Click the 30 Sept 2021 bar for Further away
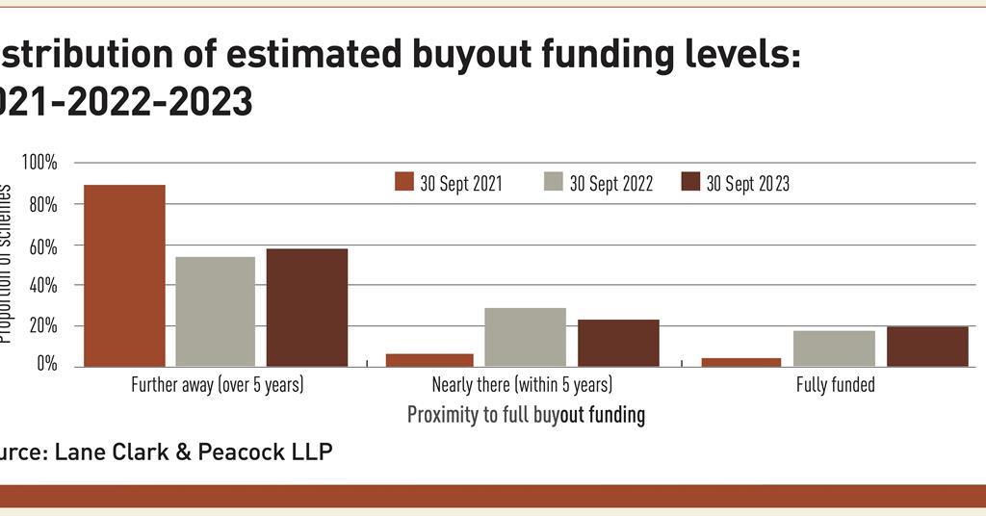tap(124, 275)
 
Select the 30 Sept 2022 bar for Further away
tap(215, 311)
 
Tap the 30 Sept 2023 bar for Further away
tap(307, 307)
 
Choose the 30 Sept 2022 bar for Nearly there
tap(525, 337)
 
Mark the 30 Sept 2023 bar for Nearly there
tap(618, 343)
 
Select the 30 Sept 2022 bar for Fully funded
tap(834, 348)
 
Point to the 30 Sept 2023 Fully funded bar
tap(927, 347)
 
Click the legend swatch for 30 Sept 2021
tap(403, 183)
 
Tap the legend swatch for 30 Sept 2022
tap(553, 183)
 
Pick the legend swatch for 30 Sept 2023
tap(689, 183)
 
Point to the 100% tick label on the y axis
tap(39, 164)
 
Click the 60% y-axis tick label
tap(43, 245)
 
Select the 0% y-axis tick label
tap(47, 366)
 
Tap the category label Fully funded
tap(835, 386)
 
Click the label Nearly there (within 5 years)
tap(522, 386)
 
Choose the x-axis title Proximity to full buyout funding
tap(526, 416)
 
